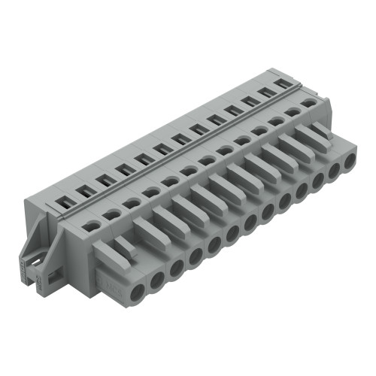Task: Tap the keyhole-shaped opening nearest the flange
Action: click(x=92, y=224)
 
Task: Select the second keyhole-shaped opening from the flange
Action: click(x=111, y=214)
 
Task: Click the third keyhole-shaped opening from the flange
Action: click(x=131, y=203)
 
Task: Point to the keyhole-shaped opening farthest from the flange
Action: click(x=308, y=103)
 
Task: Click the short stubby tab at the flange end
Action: click(x=123, y=248)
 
